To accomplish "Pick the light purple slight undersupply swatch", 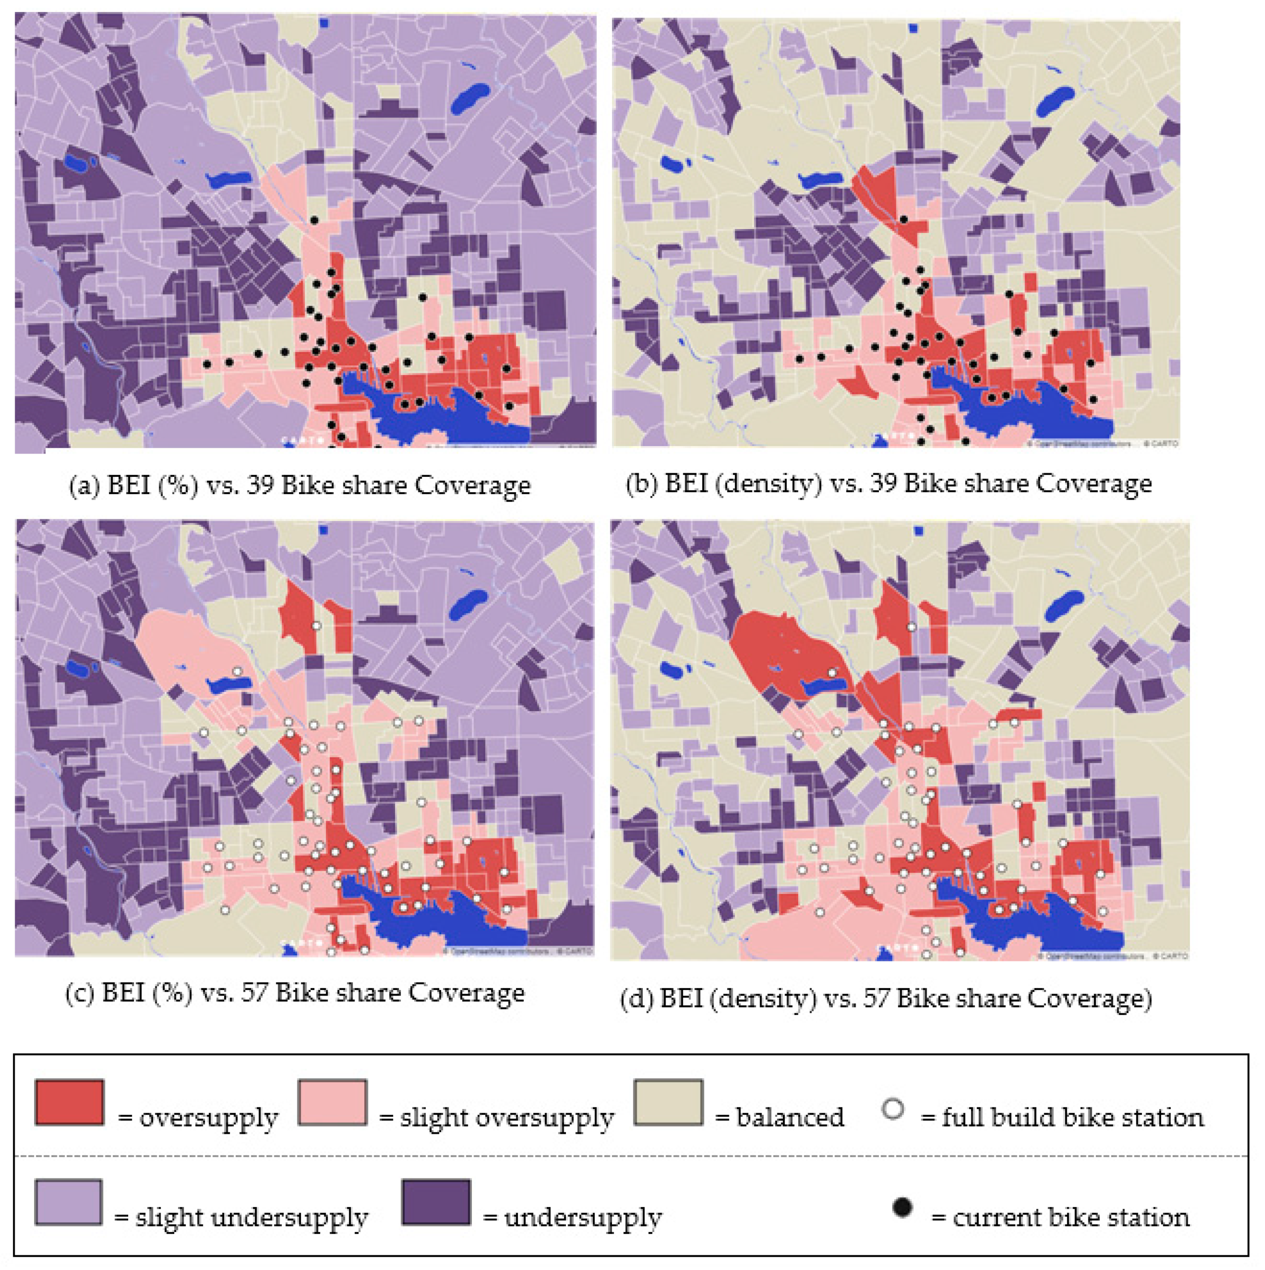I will click(68, 1202).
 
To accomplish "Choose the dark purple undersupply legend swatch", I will click(436, 1202).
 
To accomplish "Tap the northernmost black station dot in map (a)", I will click(314, 220).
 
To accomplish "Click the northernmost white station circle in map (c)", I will click(316, 626).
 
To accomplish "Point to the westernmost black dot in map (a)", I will click(207, 364).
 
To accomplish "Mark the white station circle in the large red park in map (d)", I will click(832, 673).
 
